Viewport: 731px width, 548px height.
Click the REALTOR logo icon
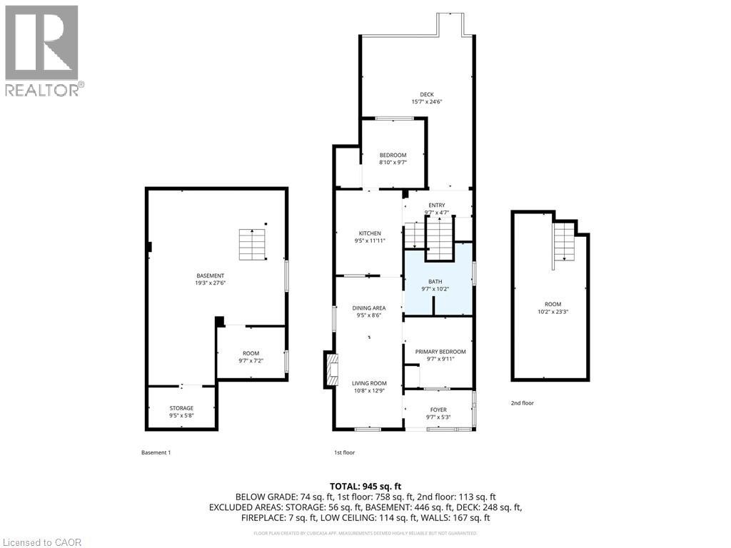41,42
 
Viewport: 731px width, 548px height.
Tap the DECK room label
427,95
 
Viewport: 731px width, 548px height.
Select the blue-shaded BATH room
438,280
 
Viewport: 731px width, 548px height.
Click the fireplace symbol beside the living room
332,370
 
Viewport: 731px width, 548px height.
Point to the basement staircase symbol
252,245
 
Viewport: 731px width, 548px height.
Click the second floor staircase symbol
564,243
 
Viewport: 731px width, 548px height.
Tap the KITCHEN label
370,233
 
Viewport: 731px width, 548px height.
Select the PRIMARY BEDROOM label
440,352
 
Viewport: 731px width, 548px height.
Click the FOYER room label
439,410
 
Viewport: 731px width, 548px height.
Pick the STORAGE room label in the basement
181,408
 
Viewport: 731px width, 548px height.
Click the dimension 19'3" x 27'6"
211,283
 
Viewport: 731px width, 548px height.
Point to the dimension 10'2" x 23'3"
553,312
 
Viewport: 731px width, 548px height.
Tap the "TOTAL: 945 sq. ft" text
365,486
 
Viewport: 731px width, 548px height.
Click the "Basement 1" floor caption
156,452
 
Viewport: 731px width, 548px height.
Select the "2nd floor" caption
522,403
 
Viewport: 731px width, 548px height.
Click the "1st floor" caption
345,452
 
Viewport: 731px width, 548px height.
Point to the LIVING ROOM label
369,383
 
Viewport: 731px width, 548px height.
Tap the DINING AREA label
369,308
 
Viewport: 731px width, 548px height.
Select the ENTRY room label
437,205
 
